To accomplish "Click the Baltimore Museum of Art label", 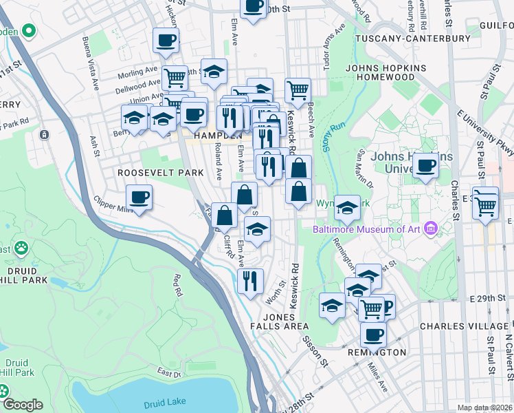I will (368, 229).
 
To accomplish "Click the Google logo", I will (23, 405).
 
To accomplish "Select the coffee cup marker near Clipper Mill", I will (139, 198).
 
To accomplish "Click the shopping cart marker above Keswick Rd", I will (298, 89).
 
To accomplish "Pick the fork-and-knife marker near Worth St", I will (249, 280).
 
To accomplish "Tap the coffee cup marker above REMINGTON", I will (373, 335).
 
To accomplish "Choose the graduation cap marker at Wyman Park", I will (347, 206).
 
